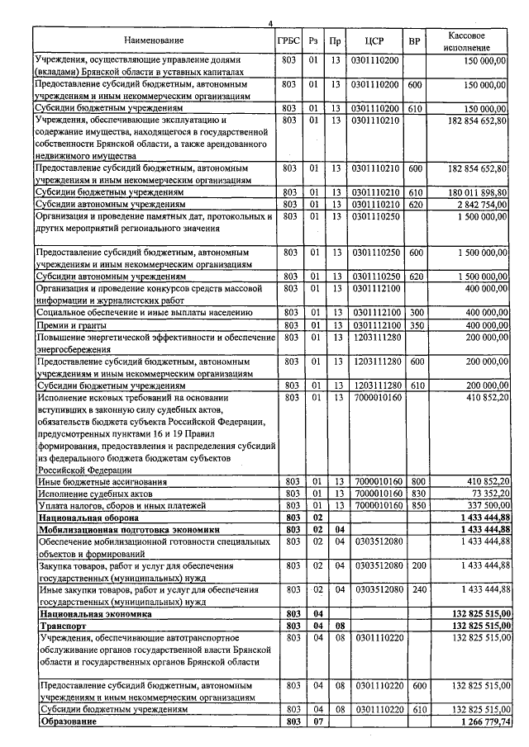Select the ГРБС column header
click(x=289, y=40)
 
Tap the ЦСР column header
click(x=374, y=40)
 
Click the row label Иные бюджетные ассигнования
click(x=101, y=481)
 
